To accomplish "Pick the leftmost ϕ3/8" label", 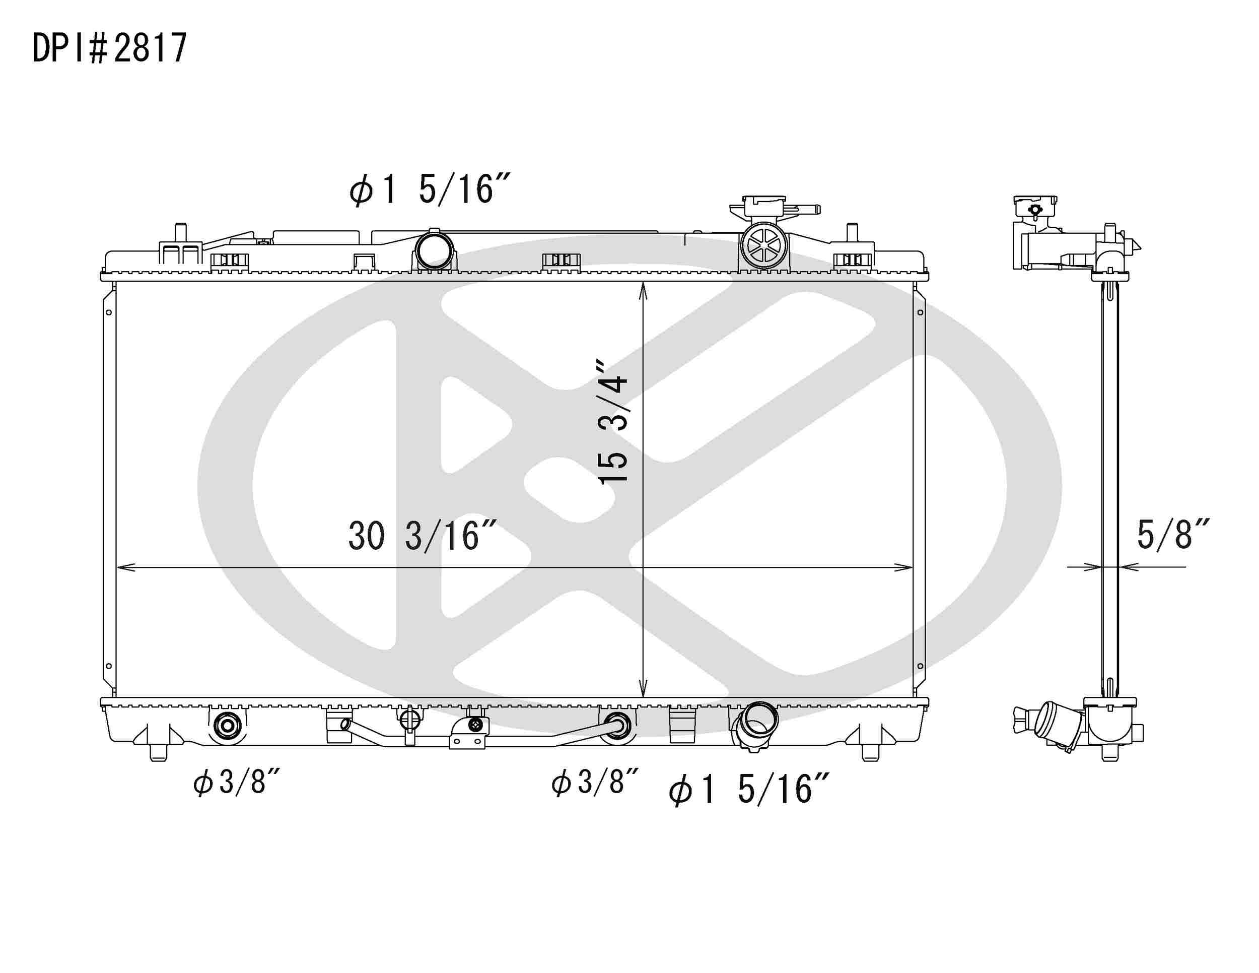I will click(236, 783).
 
